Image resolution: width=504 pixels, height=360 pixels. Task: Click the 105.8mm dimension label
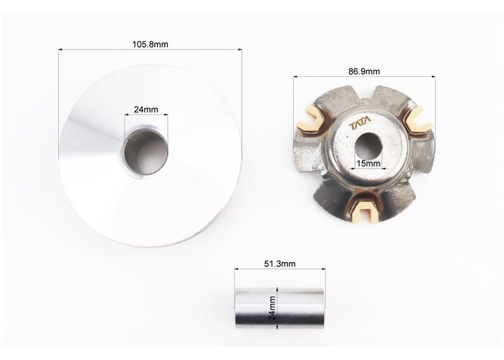point(150,44)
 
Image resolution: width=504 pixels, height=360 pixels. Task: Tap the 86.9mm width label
point(364,71)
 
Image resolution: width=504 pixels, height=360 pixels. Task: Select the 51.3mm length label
point(279,264)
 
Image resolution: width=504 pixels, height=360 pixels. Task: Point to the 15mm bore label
point(369,163)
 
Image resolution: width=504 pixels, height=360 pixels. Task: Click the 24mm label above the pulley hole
point(146,109)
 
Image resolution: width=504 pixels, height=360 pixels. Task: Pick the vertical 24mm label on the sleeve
point(272,308)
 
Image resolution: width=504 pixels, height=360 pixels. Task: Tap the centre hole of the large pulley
point(147,152)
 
